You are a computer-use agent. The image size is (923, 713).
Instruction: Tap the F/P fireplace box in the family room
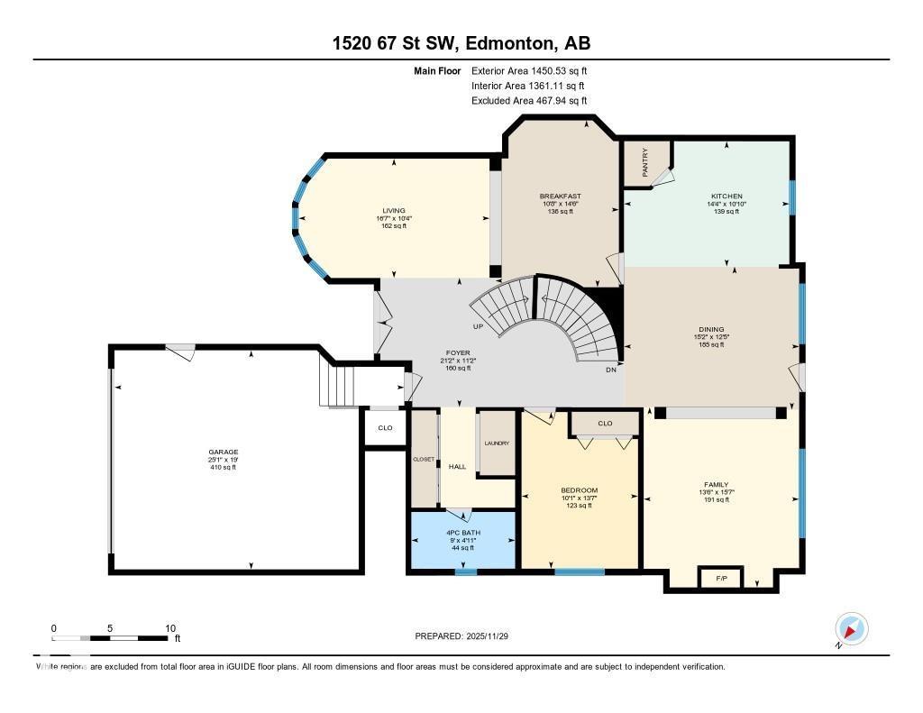(721, 578)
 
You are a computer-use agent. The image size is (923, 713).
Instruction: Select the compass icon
(851, 628)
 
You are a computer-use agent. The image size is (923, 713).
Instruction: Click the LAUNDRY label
(497, 443)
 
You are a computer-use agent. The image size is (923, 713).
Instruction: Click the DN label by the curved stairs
(610, 369)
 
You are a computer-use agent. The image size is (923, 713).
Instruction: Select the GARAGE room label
(224, 452)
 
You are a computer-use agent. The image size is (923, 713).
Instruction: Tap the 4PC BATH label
(464, 532)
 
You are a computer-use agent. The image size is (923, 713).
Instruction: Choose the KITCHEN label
(727, 196)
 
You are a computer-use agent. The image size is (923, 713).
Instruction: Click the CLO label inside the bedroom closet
(605, 423)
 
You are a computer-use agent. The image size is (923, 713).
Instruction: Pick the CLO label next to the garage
(385, 427)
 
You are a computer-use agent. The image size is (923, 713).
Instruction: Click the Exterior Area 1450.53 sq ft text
(529, 70)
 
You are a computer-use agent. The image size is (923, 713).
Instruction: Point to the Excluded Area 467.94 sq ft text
(529, 101)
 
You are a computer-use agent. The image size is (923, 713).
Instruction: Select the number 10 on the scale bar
(170, 627)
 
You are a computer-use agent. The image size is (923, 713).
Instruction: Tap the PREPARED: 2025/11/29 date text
(468, 635)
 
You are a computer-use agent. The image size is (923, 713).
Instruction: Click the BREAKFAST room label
(560, 196)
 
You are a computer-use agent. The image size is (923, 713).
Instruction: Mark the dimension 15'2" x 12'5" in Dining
(711, 337)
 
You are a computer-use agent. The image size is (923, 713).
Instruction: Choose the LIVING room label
(394, 210)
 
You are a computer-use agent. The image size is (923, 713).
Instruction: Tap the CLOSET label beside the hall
(424, 459)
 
